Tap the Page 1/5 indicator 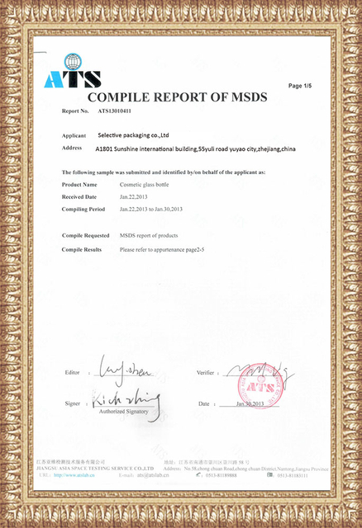click(x=299, y=86)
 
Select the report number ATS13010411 click(x=115, y=111)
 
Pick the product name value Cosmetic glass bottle click(x=148, y=185)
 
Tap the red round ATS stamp click(x=255, y=386)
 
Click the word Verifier click(x=207, y=373)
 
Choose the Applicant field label click(x=74, y=134)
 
